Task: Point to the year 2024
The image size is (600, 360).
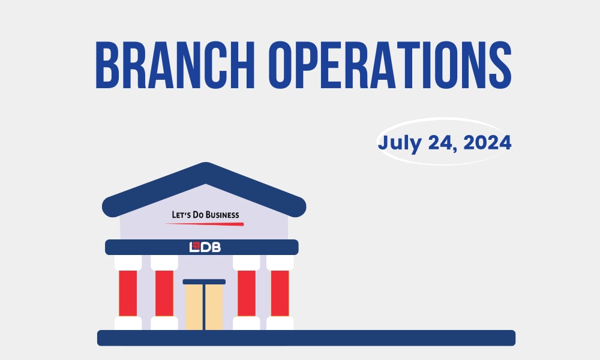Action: coord(486,143)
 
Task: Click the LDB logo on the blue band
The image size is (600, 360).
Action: coord(205,247)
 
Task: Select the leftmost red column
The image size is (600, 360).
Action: coord(128,293)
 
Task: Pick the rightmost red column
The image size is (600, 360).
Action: coord(280,293)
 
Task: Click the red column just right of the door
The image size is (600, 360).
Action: coord(246,293)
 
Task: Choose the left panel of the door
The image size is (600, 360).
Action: coord(194,307)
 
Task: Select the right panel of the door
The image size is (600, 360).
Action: coord(214,307)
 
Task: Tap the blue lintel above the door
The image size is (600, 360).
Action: coord(204,281)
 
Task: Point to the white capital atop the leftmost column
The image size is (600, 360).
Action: coord(128,262)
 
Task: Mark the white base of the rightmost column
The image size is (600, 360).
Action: coord(280,323)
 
